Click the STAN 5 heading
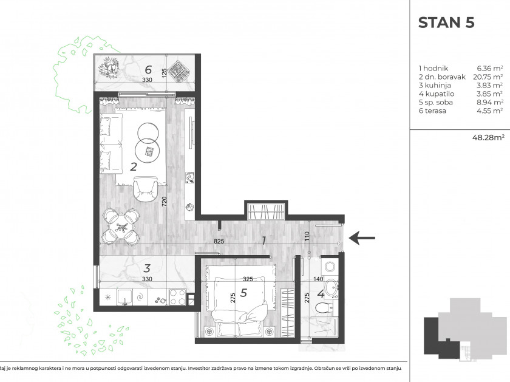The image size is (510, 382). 446,22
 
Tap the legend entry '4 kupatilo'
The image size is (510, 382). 437,94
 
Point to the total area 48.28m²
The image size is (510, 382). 488,137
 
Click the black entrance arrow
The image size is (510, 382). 362,238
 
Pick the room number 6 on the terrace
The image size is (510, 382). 148,69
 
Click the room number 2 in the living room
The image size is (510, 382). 133,166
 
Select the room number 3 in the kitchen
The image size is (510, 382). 147,268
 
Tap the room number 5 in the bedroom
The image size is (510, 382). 243,293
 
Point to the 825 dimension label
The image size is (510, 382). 219,242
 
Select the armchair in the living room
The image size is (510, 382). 145,189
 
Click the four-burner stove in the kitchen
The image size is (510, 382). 177,297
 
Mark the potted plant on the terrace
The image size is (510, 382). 109,67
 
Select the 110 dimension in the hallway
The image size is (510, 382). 307,236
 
